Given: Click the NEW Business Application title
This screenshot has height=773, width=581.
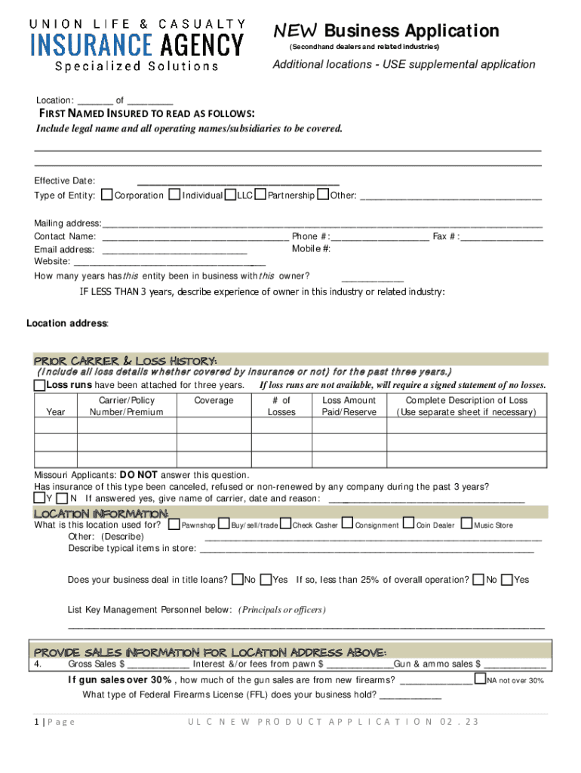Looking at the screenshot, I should (x=386, y=31).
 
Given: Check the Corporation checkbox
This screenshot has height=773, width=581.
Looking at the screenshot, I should (x=107, y=195).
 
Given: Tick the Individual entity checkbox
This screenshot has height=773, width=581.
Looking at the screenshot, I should (x=175, y=195).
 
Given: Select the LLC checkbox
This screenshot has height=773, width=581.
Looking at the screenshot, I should (x=231, y=195).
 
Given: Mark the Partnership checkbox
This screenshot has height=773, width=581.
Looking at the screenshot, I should (x=260, y=195).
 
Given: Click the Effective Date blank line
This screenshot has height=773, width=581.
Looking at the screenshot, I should (x=238, y=181).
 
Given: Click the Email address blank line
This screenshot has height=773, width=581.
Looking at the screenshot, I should (x=174, y=250).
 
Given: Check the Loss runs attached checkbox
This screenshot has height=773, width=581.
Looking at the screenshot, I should (x=39, y=386).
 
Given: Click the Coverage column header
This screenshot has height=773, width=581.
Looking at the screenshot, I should (x=214, y=401).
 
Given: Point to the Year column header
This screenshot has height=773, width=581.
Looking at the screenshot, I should (x=56, y=412).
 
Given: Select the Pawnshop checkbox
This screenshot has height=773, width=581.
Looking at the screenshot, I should (x=174, y=524).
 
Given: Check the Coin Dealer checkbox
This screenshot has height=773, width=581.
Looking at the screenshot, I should (x=409, y=523).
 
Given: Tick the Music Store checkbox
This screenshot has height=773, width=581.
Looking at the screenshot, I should (x=466, y=523).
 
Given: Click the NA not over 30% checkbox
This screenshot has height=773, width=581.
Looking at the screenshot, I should (x=480, y=679).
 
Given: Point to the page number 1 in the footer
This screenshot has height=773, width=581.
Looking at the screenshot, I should (x=36, y=722).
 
